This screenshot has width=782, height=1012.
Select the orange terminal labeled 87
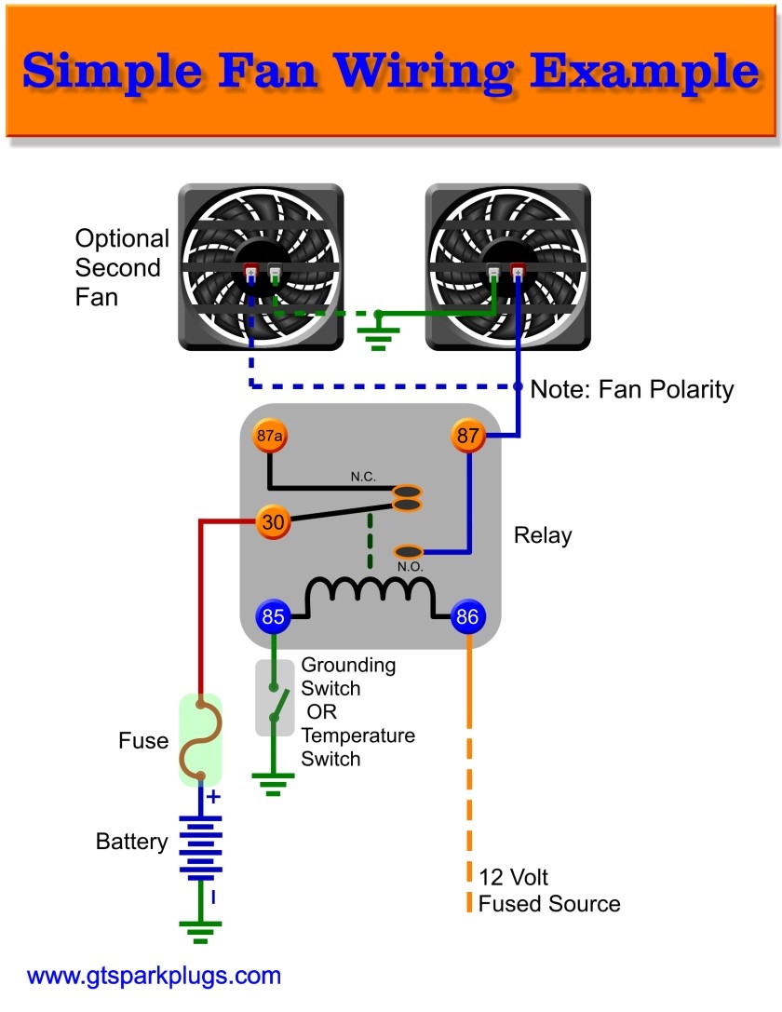[x=468, y=436]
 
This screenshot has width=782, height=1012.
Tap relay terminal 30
[x=273, y=523]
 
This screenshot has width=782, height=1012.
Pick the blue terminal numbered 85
[x=273, y=616]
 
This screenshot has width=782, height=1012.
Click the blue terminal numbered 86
[x=467, y=616]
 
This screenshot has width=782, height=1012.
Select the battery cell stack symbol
[x=199, y=848]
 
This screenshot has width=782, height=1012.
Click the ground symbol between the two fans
[x=379, y=333]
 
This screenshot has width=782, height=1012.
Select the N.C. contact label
[x=363, y=477]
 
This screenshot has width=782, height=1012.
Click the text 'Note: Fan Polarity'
[x=631, y=389]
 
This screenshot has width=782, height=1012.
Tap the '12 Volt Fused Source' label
[x=548, y=890]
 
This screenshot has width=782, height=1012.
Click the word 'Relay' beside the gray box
[x=543, y=535]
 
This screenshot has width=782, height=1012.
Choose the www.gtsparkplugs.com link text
[x=154, y=976]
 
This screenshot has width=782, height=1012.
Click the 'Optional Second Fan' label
[x=122, y=268]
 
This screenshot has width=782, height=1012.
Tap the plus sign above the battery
[x=213, y=797]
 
